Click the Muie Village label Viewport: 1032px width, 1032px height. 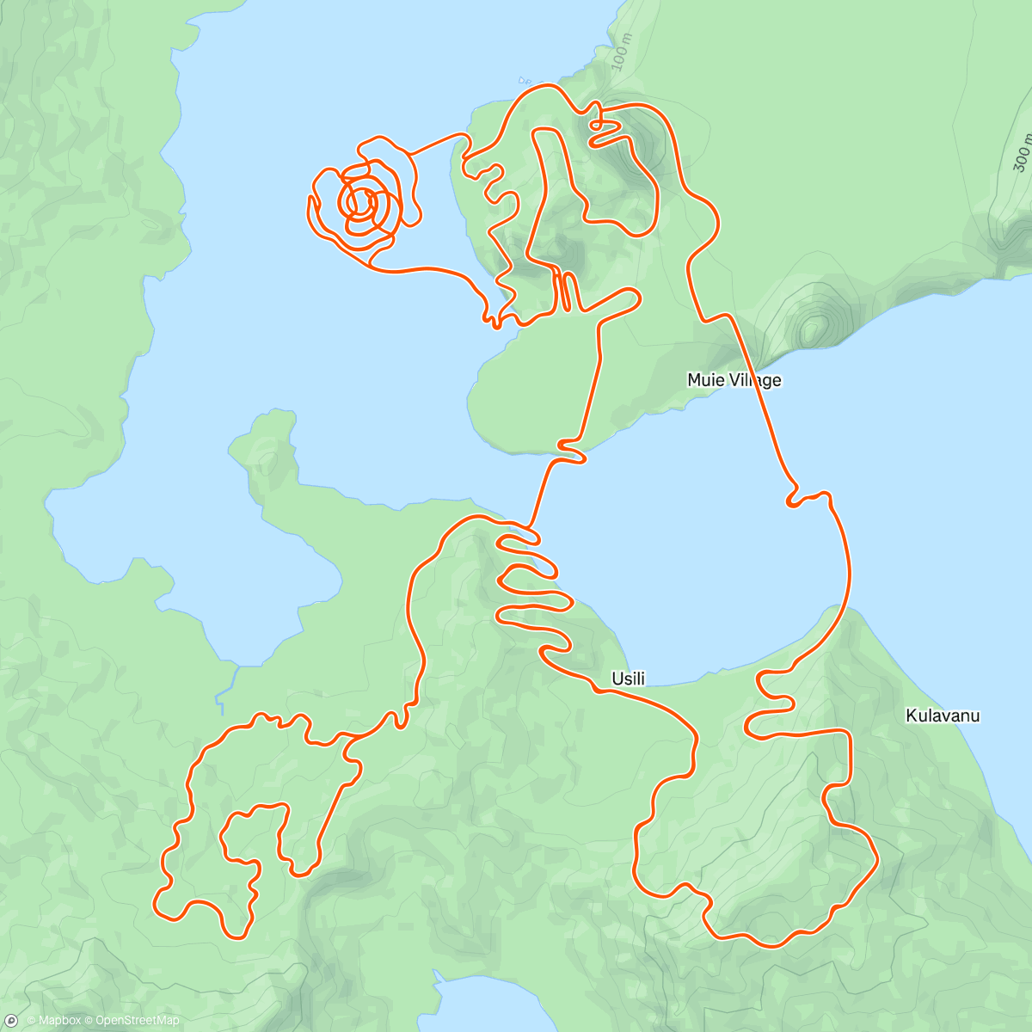734,379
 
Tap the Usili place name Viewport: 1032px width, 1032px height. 628,679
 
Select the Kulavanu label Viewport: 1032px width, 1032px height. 943,716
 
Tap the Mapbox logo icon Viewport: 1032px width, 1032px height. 11,1020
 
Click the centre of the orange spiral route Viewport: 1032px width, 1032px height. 360,202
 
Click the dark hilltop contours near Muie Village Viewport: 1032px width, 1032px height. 811,328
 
